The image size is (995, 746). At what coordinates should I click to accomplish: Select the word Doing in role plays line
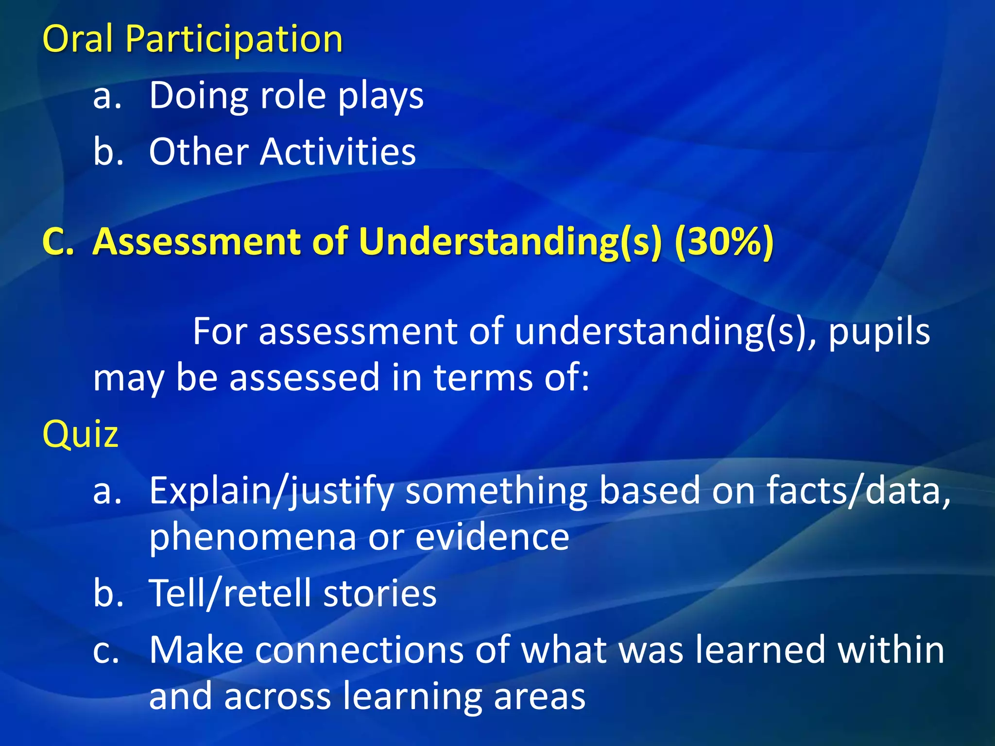(x=198, y=96)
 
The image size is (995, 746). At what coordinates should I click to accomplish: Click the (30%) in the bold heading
(x=724, y=241)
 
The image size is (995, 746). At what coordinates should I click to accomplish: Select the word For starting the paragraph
(x=221, y=332)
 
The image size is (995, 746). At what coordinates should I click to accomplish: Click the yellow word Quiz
(x=81, y=434)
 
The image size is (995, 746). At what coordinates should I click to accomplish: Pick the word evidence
(x=492, y=537)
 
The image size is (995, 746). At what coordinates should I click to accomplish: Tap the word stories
(x=380, y=593)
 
